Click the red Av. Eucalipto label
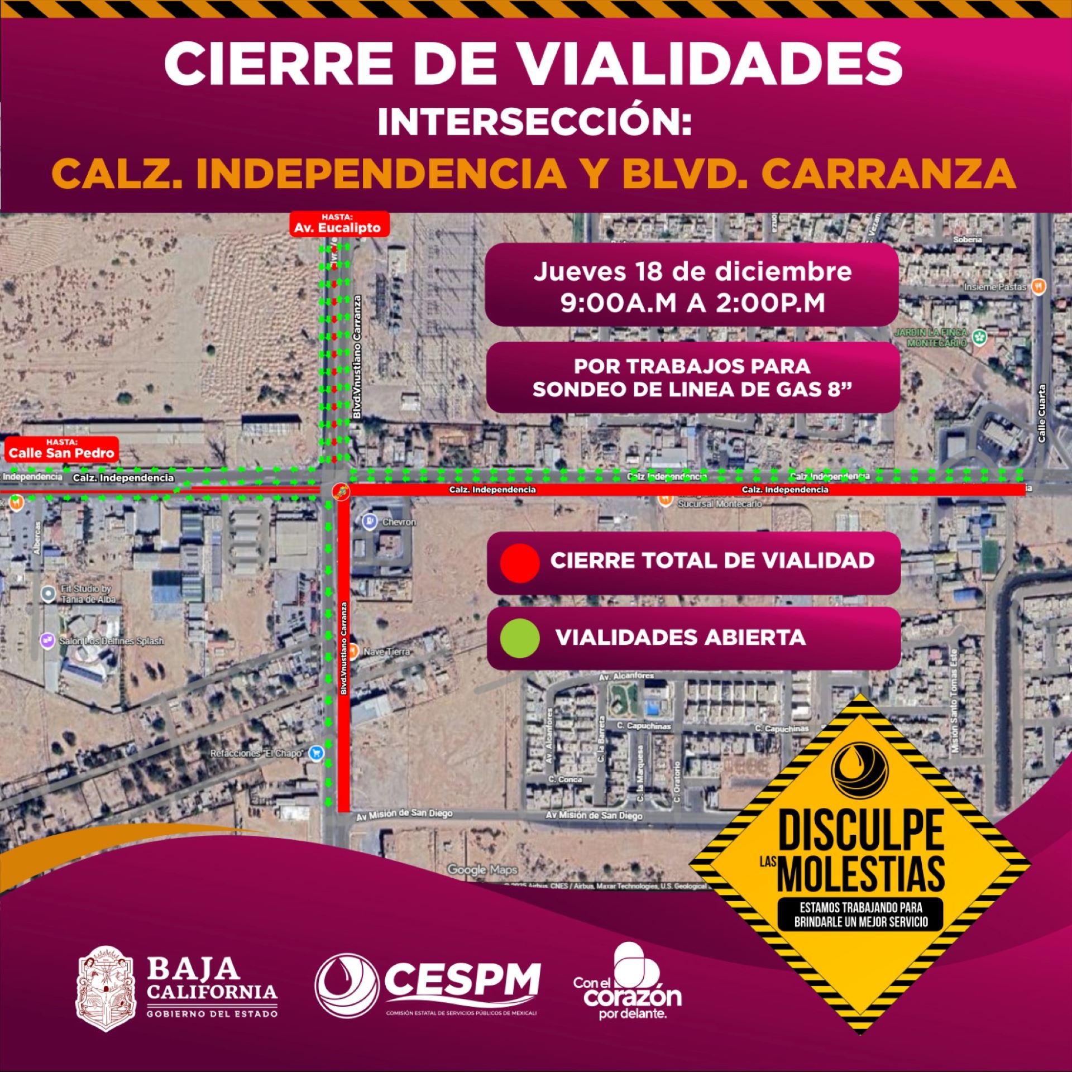(337, 224)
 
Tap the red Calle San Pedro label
(61, 449)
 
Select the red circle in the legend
(519, 563)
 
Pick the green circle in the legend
(519, 638)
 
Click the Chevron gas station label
(399, 522)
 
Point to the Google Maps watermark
(482, 869)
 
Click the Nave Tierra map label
(386, 652)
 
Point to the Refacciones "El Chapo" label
(257, 753)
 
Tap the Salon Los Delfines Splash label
(112, 641)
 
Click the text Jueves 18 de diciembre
(692, 272)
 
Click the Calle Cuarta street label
(1042, 413)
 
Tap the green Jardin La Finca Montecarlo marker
(979, 337)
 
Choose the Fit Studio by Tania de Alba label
(88, 594)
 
